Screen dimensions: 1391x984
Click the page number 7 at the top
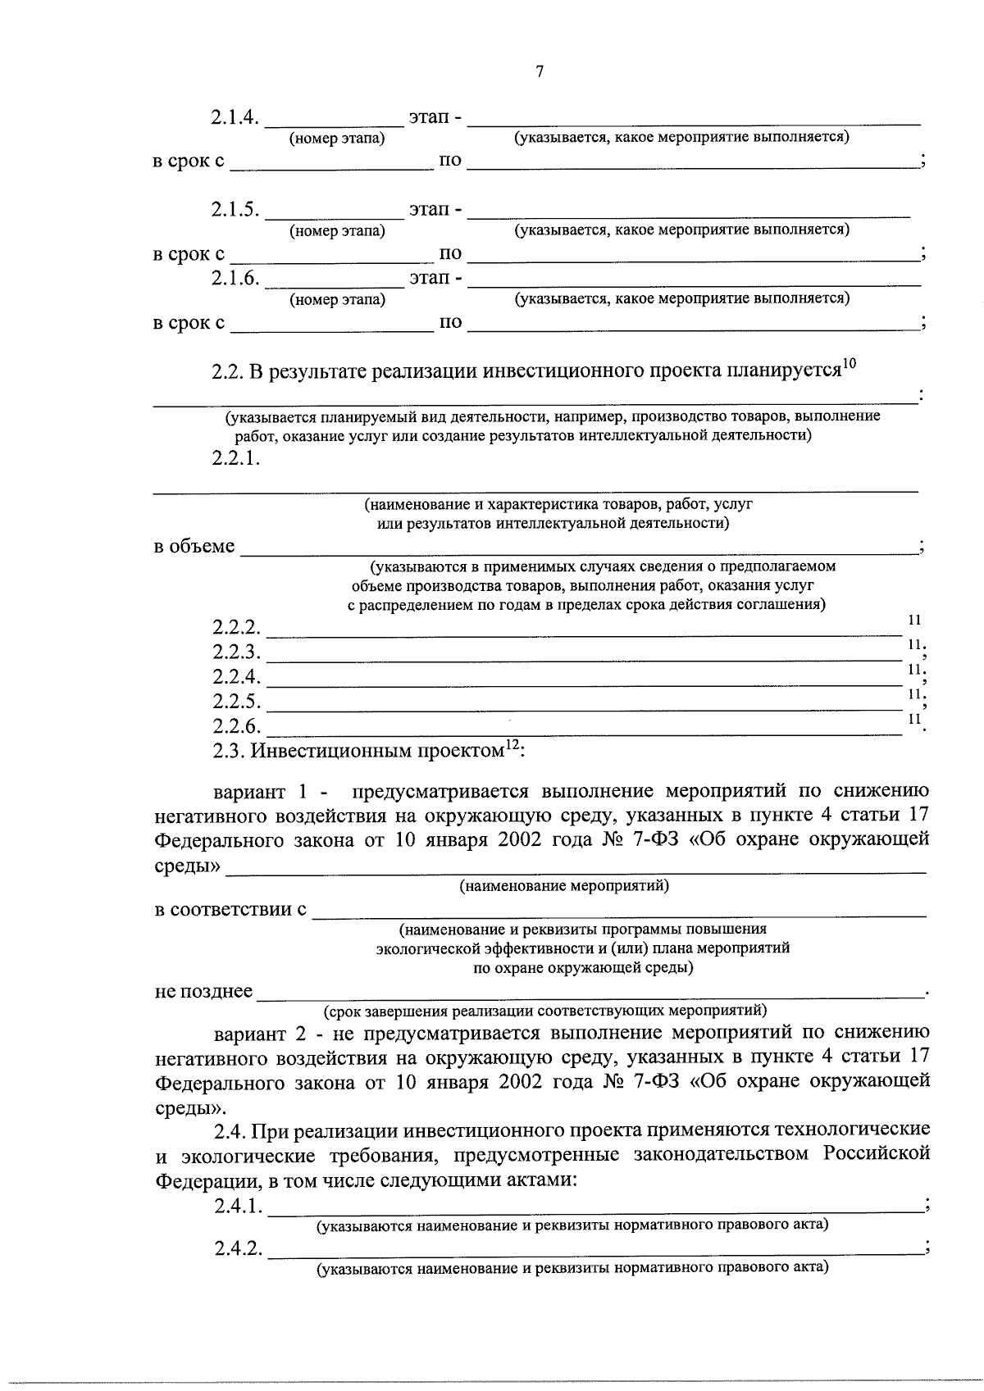[540, 72]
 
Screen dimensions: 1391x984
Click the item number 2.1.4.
[235, 118]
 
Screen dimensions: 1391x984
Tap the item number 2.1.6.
[235, 279]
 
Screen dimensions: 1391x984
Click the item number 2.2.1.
[235, 458]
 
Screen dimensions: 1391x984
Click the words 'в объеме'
[194, 547]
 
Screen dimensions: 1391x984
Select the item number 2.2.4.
[236, 677]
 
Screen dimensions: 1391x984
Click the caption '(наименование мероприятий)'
[564, 886]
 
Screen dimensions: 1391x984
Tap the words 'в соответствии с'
[230, 910]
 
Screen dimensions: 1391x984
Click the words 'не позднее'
[203, 992]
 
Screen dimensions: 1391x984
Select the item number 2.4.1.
[238, 1207]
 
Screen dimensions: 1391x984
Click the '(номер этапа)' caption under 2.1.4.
[336, 139]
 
